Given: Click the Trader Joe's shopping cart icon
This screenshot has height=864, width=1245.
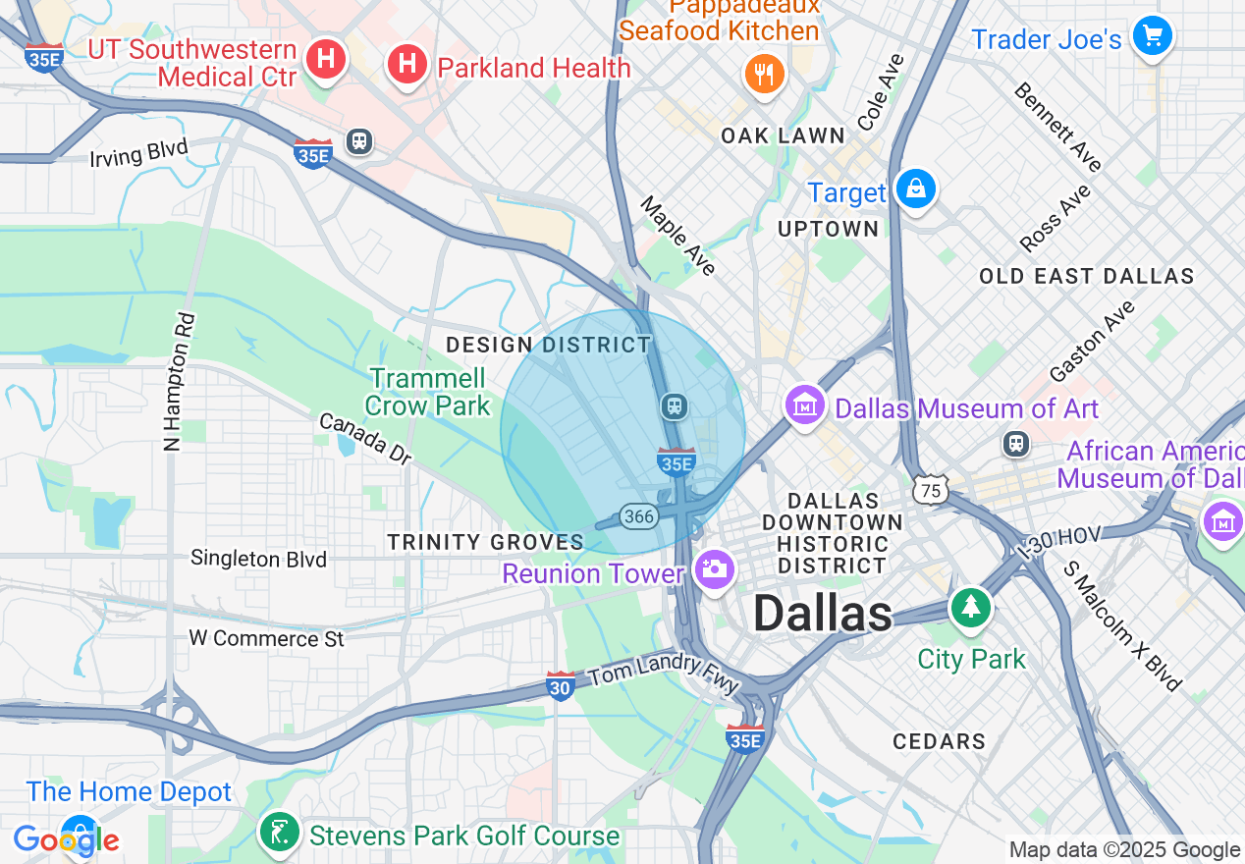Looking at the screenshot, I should coord(1152,36).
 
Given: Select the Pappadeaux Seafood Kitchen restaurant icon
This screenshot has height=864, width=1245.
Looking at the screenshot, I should coord(763,74).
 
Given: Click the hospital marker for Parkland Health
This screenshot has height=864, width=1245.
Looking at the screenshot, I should coord(406,65).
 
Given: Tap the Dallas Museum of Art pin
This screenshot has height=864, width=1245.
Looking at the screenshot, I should coord(804,405).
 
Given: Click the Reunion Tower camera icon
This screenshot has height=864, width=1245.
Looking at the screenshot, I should coord(714,568).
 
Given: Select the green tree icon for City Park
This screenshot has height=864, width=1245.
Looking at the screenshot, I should coord(971,607).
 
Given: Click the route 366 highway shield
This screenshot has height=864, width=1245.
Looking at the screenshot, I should coord(638,516).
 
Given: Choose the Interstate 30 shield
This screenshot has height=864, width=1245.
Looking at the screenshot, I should coord(560,686).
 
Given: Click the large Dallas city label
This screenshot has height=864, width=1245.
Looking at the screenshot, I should coord(823,615).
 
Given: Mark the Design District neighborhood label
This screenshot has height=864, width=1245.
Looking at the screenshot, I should coord(548,345).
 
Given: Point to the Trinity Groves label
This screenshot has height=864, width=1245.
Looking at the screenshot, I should coord(485,542).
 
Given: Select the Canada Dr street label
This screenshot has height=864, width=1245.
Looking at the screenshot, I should coord(364,438).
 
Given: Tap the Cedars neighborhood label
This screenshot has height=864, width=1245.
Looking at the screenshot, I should coord(939,741).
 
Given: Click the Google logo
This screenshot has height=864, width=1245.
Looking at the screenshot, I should coord(66,839).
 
